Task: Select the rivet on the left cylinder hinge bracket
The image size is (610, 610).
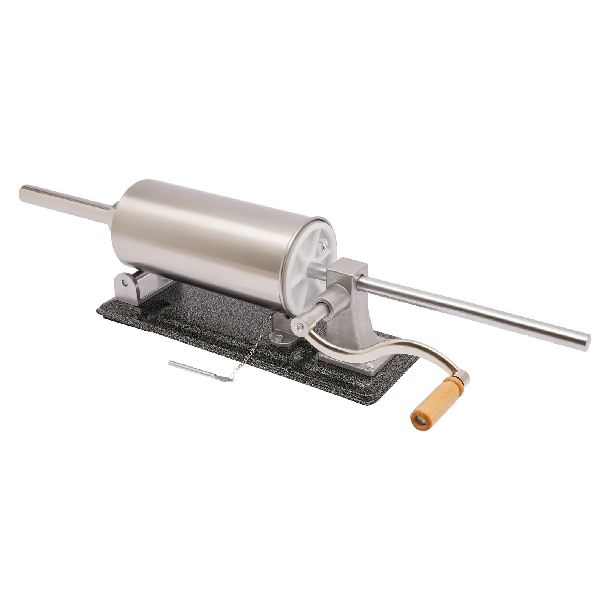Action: [124, 283]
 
